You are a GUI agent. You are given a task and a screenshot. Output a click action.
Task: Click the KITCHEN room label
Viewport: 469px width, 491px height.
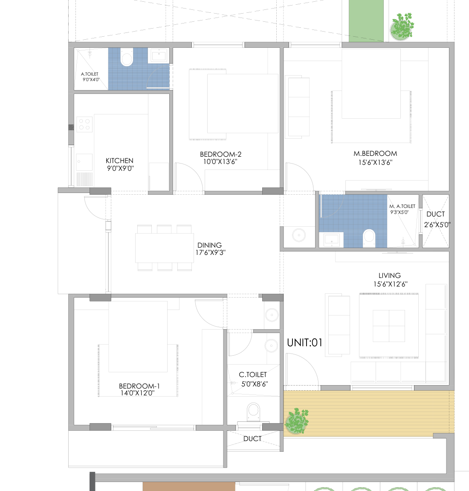coord(119,161)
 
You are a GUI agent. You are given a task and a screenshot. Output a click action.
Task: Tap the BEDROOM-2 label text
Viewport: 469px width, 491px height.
coord(221,154)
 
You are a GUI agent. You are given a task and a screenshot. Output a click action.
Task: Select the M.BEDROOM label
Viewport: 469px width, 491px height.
coord(375,153)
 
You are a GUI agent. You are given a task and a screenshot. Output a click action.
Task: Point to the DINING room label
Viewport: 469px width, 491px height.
coord(209,245)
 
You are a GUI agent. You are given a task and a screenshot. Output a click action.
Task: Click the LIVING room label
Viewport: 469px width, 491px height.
coord(390,275)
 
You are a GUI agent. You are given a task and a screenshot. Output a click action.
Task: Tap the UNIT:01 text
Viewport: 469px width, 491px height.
coord(304,342)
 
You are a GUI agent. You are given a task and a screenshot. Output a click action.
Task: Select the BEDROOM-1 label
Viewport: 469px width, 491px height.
coord(139,386)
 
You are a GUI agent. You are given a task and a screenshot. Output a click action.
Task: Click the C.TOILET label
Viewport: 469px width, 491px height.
coord(253,374)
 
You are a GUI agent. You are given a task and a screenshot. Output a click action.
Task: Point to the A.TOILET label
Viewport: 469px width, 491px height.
coord(90,74)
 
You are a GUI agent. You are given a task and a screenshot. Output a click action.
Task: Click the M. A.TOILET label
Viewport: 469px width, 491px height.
coord(402,206)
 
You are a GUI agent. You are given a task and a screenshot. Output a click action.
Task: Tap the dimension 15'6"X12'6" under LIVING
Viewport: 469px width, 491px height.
coord(391,284)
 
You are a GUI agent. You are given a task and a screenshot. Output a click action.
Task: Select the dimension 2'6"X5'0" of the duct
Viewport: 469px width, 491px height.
coord(437,225)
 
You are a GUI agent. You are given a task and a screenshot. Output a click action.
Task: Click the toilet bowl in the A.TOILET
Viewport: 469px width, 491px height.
coord(127,57)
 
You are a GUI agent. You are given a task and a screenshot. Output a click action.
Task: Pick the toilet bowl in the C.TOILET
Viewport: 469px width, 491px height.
coord(253,412)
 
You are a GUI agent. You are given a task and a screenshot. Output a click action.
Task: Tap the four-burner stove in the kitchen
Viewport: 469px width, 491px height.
coord(84,124)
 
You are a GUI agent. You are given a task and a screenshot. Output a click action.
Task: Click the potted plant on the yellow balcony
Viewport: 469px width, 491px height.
coord(297,421)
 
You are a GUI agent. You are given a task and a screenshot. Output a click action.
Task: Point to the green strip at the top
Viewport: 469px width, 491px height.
coord(366,20)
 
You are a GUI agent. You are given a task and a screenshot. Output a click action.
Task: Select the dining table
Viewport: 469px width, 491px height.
coord(165,248)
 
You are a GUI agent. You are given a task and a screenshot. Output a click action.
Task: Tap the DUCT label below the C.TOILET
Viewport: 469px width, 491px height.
coord(252,439)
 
